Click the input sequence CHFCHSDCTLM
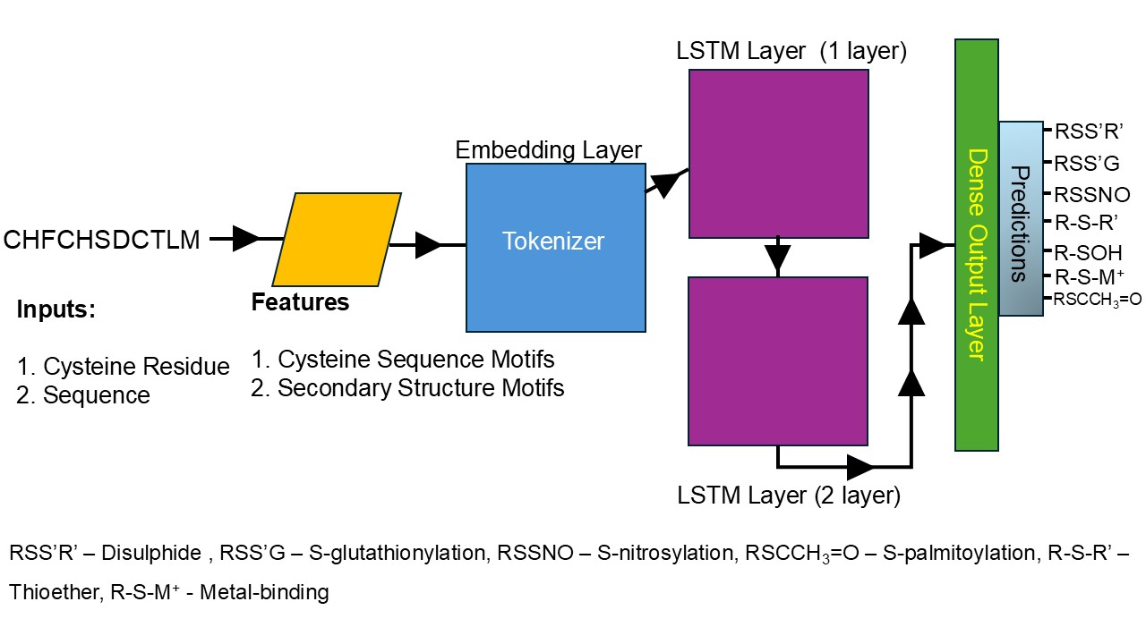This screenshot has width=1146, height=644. pos(102,240)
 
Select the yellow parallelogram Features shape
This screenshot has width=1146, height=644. pos(337,239)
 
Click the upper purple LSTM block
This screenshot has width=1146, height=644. pos(778,153)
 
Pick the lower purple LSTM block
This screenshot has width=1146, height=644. pos(778,360)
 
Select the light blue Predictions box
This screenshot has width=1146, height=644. pos(1021,218)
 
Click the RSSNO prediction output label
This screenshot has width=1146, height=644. pos(1091,195)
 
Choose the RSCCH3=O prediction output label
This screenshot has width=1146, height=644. pos(1097,300)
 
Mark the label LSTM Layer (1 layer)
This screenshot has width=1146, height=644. pos(792,52)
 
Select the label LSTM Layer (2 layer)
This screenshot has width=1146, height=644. pos(789,494)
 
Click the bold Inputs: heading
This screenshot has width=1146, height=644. pos(56,311)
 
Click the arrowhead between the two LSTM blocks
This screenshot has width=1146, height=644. pos(778,258)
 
